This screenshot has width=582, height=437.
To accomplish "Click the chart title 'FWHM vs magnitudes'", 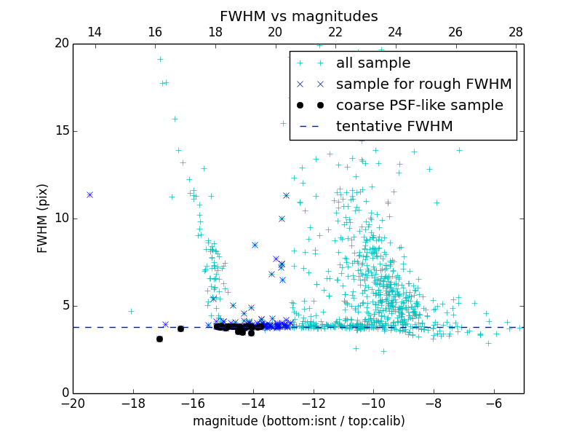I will point(298,16).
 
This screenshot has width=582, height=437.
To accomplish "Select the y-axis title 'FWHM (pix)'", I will point(43,219).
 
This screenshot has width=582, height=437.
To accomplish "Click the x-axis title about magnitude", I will point(298,421).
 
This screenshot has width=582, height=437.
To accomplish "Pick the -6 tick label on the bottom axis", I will point(493,403).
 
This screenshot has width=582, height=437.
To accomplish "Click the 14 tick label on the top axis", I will point(95,32).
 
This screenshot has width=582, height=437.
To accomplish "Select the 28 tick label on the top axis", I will point(515,32).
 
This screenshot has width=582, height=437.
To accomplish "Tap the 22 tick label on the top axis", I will point(335,32).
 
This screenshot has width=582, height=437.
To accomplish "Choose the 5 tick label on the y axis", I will point(63,306).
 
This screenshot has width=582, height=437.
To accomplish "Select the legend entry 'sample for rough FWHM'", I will point(423,84).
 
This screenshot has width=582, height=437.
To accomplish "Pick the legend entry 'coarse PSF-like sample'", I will point(419,106).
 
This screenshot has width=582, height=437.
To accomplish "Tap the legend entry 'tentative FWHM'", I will point(394,127).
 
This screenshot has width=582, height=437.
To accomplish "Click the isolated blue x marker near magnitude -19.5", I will point(89,194).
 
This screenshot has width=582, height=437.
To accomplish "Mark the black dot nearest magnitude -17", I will point(159,339).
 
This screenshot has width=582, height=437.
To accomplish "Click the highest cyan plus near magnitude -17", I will point(160,60).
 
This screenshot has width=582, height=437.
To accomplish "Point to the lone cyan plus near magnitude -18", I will point(131,311).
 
